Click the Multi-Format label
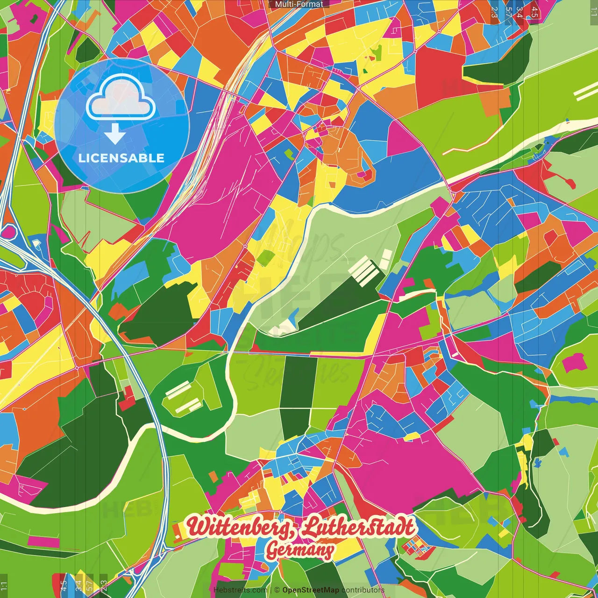pos(299,4)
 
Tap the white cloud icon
pos(121,97)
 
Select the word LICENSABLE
pos(121,158)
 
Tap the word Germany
pos(299,550)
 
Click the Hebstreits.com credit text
pos(240,590)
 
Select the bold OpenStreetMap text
pos(310,590)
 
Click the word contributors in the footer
pos(363,590)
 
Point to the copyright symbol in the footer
pos(277,590)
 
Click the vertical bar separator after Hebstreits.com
pos(271,590)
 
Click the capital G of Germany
pos(273,550)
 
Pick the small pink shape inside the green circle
pos(574,362)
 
